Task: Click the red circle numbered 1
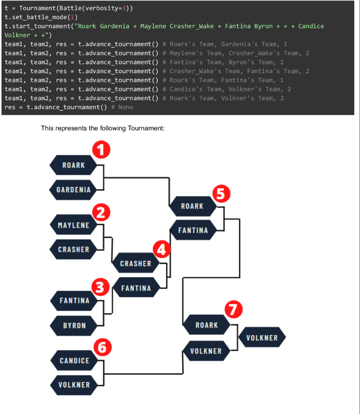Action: coord(102,150)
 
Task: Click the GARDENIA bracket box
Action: coord(73,190)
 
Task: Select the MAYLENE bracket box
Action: coord(73,225)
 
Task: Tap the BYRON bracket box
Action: coord(74,325)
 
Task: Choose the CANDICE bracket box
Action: coord(74,360)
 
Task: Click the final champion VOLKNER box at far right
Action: coord(262,338)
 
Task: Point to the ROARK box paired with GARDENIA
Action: coord(73,165)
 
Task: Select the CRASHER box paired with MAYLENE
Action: coord(73,249)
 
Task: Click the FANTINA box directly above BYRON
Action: coord(74,300)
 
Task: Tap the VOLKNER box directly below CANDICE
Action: coord(74,384)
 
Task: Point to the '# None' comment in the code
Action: coord(122,107)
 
